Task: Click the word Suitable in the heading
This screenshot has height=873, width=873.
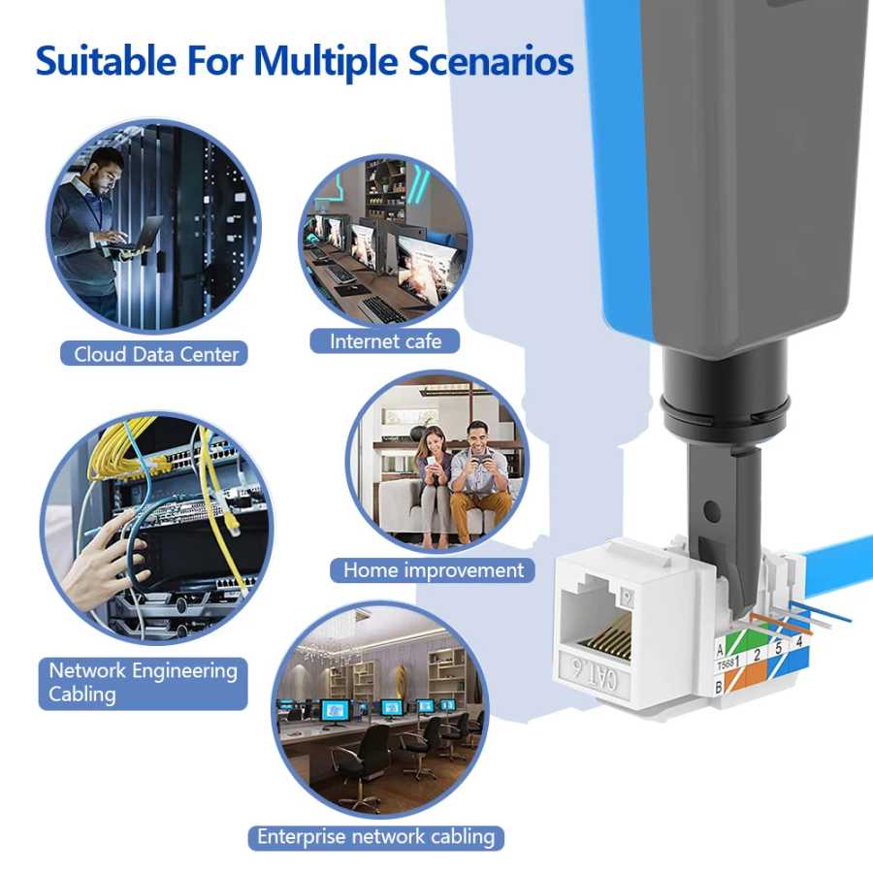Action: click(x=106, y=60)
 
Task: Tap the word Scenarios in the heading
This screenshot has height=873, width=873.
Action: click(x=491, y=60)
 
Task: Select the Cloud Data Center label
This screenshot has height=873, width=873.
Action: click(x=155, y=354)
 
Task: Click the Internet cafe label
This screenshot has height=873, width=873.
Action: click(x=385, y=340)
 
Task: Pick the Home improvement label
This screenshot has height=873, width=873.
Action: click(x=433, y=570)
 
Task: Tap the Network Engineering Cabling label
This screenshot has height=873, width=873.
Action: click(x=143, y=683)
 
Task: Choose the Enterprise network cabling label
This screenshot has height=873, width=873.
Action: click(x=375, y=837)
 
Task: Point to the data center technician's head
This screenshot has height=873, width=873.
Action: click(x=105, y=171)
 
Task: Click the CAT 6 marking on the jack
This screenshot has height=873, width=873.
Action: click(x=594, y=674)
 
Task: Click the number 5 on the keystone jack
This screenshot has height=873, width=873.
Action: click(x=778, y=648)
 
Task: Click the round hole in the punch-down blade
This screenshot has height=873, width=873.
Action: click(x=711, y=510)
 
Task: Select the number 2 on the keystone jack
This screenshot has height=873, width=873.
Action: click(x=757, y=655)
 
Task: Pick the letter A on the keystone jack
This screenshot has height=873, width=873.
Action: click(x=720, y=650)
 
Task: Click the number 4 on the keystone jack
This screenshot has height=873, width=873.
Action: click(x=799, y=641)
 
